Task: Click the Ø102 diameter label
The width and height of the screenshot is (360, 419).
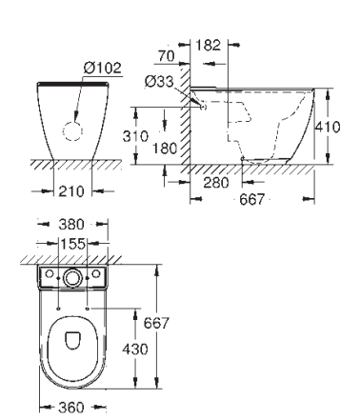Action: (x=103, y=68)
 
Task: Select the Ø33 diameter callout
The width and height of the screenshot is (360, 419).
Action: (x=159, y=82)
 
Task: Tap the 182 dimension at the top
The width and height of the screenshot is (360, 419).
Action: (x=208, y=45)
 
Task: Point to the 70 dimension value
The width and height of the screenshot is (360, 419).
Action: (x=167, y=56)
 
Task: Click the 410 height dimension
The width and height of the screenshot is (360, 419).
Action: (x=328, y=127)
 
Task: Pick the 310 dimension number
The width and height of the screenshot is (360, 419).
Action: (x=135, y=136)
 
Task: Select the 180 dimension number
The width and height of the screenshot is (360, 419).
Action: (x=165, y=149)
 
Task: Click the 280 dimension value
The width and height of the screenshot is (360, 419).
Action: (x=216, y=183)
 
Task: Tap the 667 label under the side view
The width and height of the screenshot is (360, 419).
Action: (x=251, y=199)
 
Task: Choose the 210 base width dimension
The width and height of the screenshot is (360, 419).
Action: (x=71, y=191)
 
